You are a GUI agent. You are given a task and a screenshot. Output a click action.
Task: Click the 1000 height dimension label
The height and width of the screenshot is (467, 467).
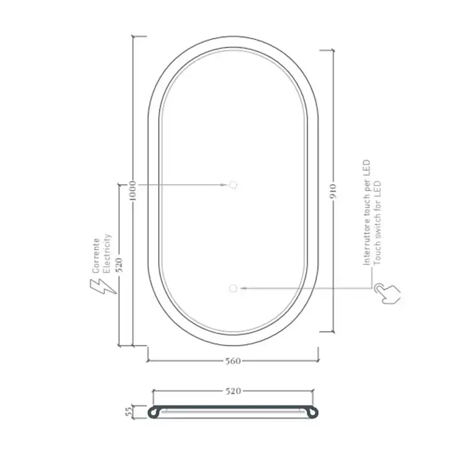(133, 190)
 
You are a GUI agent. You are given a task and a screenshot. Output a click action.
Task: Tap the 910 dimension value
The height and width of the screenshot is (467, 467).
(334, 192)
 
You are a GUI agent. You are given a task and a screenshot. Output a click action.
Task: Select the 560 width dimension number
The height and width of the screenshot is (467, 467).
(233, 361)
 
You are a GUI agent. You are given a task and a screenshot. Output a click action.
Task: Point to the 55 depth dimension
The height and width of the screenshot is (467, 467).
(129, 412)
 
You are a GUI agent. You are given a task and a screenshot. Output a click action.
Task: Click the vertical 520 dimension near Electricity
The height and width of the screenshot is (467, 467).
(119, 265)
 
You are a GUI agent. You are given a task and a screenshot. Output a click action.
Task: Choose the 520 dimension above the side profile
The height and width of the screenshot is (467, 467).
(233, 391)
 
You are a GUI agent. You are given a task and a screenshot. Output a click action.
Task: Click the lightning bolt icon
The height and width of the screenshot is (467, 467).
(103, 286)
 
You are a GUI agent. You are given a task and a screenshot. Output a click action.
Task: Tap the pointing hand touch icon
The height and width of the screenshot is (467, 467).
(387, 294)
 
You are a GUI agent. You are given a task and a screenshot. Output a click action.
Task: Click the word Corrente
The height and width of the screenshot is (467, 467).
(96, 256)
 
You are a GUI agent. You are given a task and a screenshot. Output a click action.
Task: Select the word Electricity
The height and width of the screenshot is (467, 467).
(107, 254)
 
